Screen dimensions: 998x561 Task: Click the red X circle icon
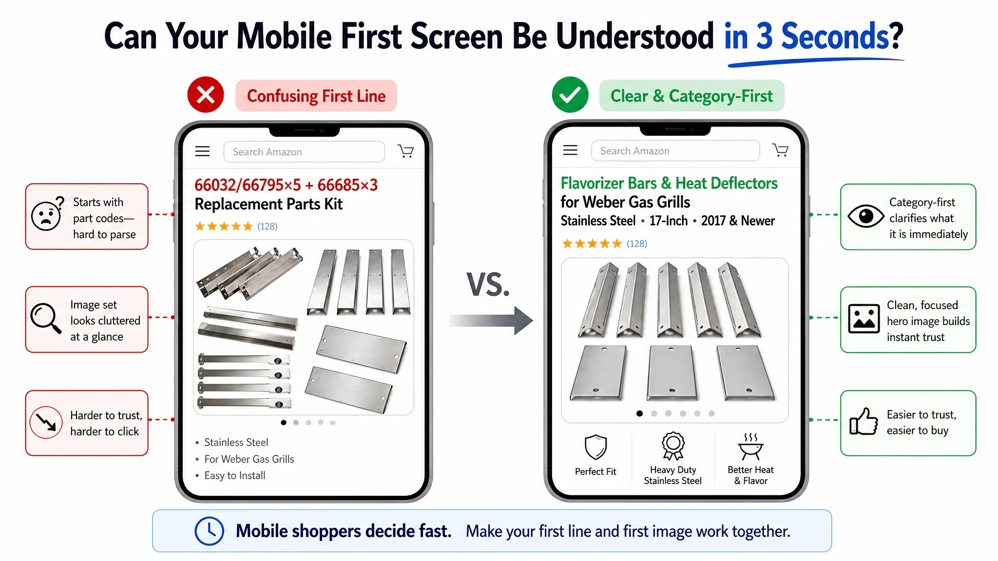(206, 94)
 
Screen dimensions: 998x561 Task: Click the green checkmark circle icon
(570, 94)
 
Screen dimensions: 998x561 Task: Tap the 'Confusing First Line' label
(316, 96)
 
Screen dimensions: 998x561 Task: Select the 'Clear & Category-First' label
(691, 96)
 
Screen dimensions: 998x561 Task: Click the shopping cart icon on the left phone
(405, 151)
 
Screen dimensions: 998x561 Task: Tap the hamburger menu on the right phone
(570, 150)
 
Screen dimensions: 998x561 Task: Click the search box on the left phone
(304, 152)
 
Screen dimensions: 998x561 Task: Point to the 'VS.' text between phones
(488, 285)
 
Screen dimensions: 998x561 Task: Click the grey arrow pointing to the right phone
(491, 320)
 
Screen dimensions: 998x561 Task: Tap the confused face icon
(47, 214)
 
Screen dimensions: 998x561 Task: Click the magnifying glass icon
(46, 318)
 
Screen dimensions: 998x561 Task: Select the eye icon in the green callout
(865, 216)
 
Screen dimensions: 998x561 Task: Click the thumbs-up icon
(864, 422)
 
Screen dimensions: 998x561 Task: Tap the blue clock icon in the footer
(210, 531)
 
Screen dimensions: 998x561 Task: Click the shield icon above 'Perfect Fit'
(595, 447)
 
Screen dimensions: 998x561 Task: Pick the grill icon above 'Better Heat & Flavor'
(750, 447)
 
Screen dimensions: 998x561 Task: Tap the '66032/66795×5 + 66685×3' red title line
(286, 185)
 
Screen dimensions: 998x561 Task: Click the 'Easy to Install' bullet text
(235, 475)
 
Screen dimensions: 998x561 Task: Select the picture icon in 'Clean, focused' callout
(864, 319)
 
